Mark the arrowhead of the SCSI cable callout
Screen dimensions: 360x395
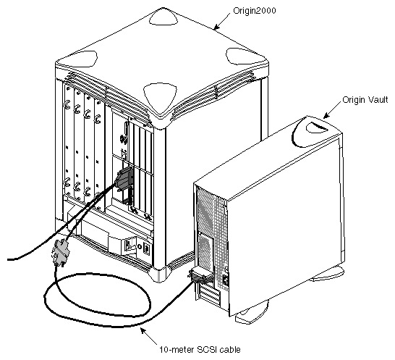pyautogui.click(x=142, y=330)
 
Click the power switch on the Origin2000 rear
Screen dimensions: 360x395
pyautogui.click(x=133, y=245)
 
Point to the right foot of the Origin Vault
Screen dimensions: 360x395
pyautogui.click(x=329, y=274)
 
